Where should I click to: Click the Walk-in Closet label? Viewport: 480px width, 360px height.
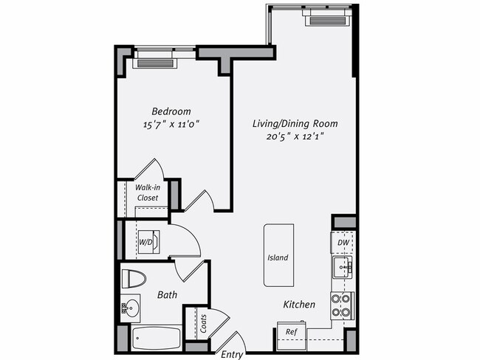pos(148,193)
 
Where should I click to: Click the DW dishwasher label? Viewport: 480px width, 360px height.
pos(343,243)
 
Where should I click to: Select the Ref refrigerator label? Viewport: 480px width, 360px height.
pos(291,333)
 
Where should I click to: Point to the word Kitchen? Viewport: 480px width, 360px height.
pos(299,305)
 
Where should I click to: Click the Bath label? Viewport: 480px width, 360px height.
pos(167,295)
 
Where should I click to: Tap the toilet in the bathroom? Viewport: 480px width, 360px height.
pos(134,279)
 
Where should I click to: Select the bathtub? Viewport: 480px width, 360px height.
pos(156,339)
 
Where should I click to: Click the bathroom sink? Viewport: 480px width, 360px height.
pos(131,306)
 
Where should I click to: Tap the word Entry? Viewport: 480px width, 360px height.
pos(232,354)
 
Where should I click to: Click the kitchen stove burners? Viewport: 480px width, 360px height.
pos(341,305)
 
